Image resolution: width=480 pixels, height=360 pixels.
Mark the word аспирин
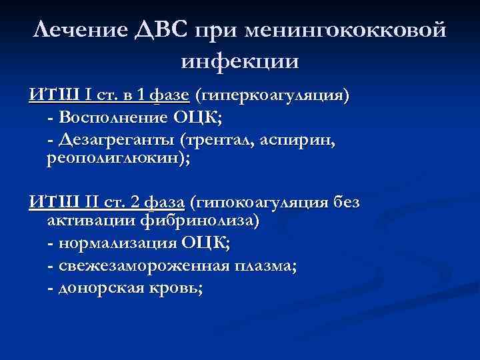click(x=294, y=140)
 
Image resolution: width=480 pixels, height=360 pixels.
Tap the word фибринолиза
click(x=199, y=221)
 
